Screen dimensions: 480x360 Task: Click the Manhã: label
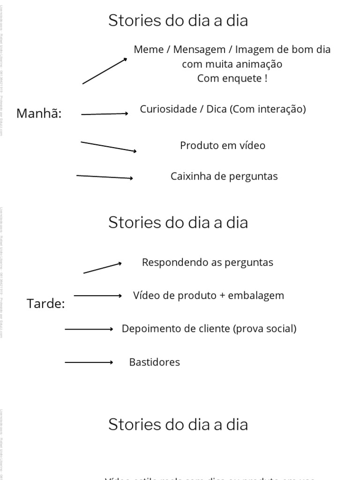pos(39,113)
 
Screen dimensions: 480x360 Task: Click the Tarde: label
pos(46,304)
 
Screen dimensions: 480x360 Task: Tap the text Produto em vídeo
pos(223,145)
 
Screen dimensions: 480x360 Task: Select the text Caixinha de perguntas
pos(224,176)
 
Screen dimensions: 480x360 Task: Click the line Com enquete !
pos(232,78)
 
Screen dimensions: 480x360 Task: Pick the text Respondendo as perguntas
pos(207,262)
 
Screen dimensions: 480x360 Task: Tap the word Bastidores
pos(154,362)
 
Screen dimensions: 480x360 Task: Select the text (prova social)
pos(264,329)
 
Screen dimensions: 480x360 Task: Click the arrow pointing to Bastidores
pos(89,362)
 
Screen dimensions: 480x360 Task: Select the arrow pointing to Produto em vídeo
pos(109,146)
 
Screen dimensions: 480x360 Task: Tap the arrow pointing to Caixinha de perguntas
pos(105,177)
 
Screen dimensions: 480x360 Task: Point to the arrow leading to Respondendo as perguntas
pos(103,268)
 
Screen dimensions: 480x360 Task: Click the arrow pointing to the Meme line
pos(105,71)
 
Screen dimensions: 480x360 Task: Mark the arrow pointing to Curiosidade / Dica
pos(105,114)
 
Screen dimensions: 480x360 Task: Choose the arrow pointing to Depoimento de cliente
pos(89,330)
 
